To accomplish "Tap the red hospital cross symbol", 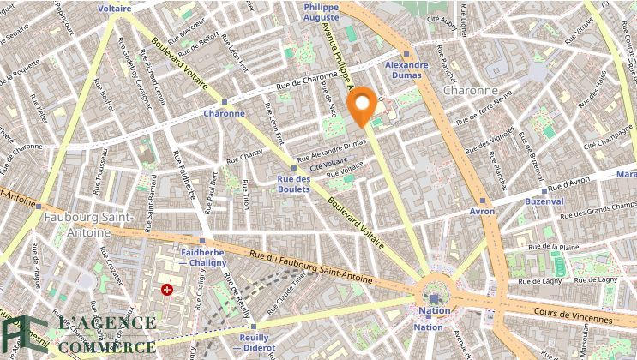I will click(167, 290).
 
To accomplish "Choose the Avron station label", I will click(482, 211).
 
